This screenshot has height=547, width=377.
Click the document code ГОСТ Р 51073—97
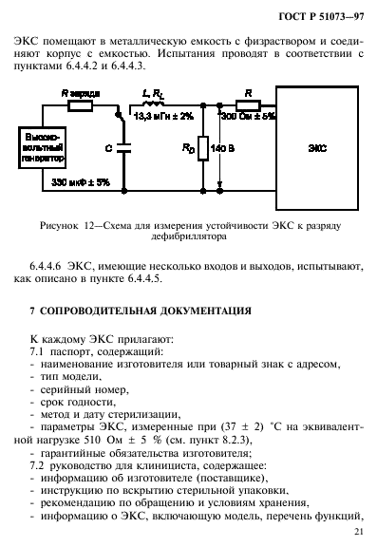tap(321, 14)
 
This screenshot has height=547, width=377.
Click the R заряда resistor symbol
tap(78, 105)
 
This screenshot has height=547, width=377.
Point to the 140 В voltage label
tap(225, 149)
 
